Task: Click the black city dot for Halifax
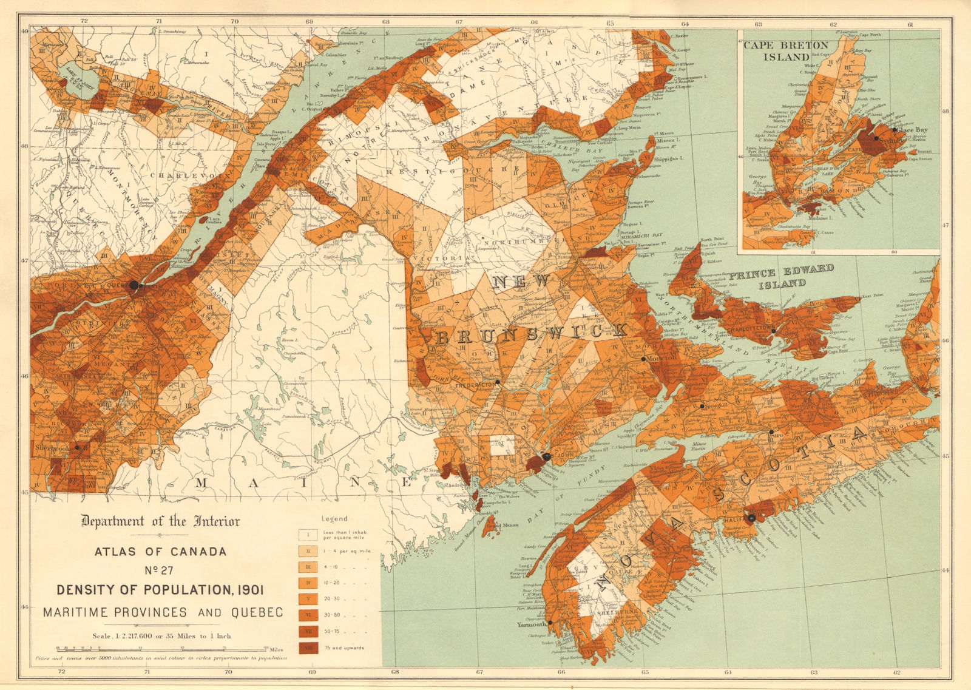(751, 518)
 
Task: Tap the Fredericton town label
(475, 385)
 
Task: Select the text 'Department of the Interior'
(160, 521)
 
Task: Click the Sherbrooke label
(52, 448)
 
